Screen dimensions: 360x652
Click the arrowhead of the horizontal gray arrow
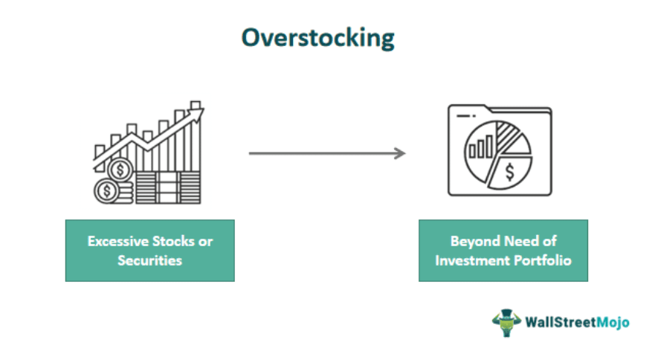[401, 153]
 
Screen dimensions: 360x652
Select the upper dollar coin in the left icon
[117, 170]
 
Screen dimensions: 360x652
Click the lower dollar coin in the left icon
[106, 191]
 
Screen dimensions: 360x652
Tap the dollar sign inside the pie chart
[509, 173]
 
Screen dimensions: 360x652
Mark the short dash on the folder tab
[466, 116]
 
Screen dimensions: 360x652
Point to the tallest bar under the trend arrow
[196, 145]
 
